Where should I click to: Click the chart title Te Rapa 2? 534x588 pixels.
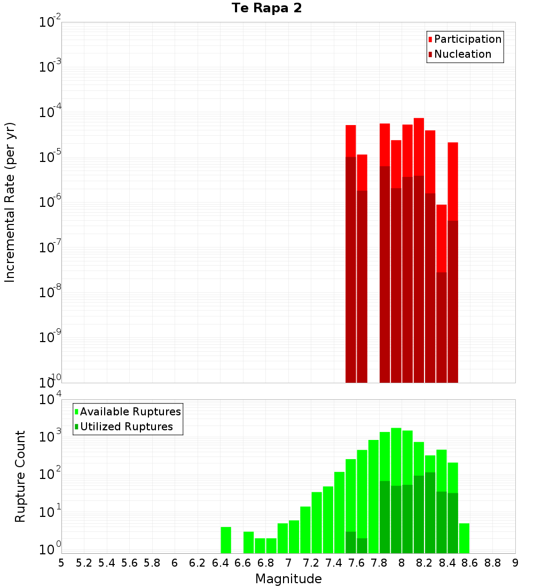[267, 9]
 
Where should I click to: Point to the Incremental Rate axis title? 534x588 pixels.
[10, 202]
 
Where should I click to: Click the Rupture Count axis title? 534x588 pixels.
[20, 476]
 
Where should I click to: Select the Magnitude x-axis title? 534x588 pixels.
[288, 579]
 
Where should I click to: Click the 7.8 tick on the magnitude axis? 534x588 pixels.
[379, 563]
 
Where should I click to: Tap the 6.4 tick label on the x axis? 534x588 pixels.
[220, 563]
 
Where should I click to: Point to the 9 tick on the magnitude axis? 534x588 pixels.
[515, 563]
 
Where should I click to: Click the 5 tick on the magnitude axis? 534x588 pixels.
[61, 563]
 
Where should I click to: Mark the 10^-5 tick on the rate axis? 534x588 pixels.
[50, 157]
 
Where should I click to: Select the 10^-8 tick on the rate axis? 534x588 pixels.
[50, 292]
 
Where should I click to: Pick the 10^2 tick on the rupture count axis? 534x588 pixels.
[50, 475]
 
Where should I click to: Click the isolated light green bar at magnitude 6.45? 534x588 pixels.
[226, 540]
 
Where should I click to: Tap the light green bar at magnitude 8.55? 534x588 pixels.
[464, 538]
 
